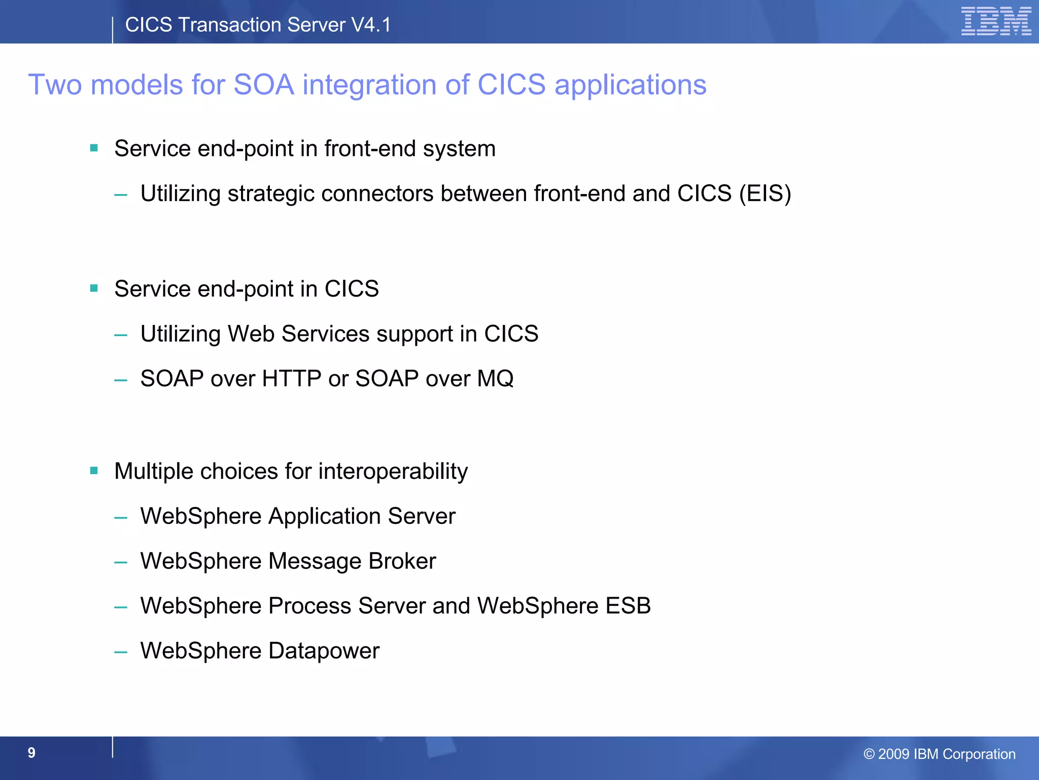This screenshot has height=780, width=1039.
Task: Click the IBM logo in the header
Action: click(996, 22)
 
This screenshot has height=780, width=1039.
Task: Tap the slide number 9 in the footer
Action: click(31, 753)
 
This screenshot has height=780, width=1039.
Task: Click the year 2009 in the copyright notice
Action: click(893, 754)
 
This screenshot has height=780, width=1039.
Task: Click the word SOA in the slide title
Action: click(264, 84)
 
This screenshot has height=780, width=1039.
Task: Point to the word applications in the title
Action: click(630, 85)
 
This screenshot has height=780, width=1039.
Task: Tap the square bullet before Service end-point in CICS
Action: click(94, 288)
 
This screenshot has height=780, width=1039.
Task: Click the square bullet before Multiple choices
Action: click(94, 471)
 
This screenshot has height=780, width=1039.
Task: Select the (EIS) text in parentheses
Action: click(765, 193)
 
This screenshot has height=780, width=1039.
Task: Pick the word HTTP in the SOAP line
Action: click(292, 379)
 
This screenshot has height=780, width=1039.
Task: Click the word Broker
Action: click(402, 561)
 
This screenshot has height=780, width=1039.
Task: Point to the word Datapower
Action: click(324, 651)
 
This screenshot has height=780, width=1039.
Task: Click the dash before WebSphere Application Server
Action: click(121, 518)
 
